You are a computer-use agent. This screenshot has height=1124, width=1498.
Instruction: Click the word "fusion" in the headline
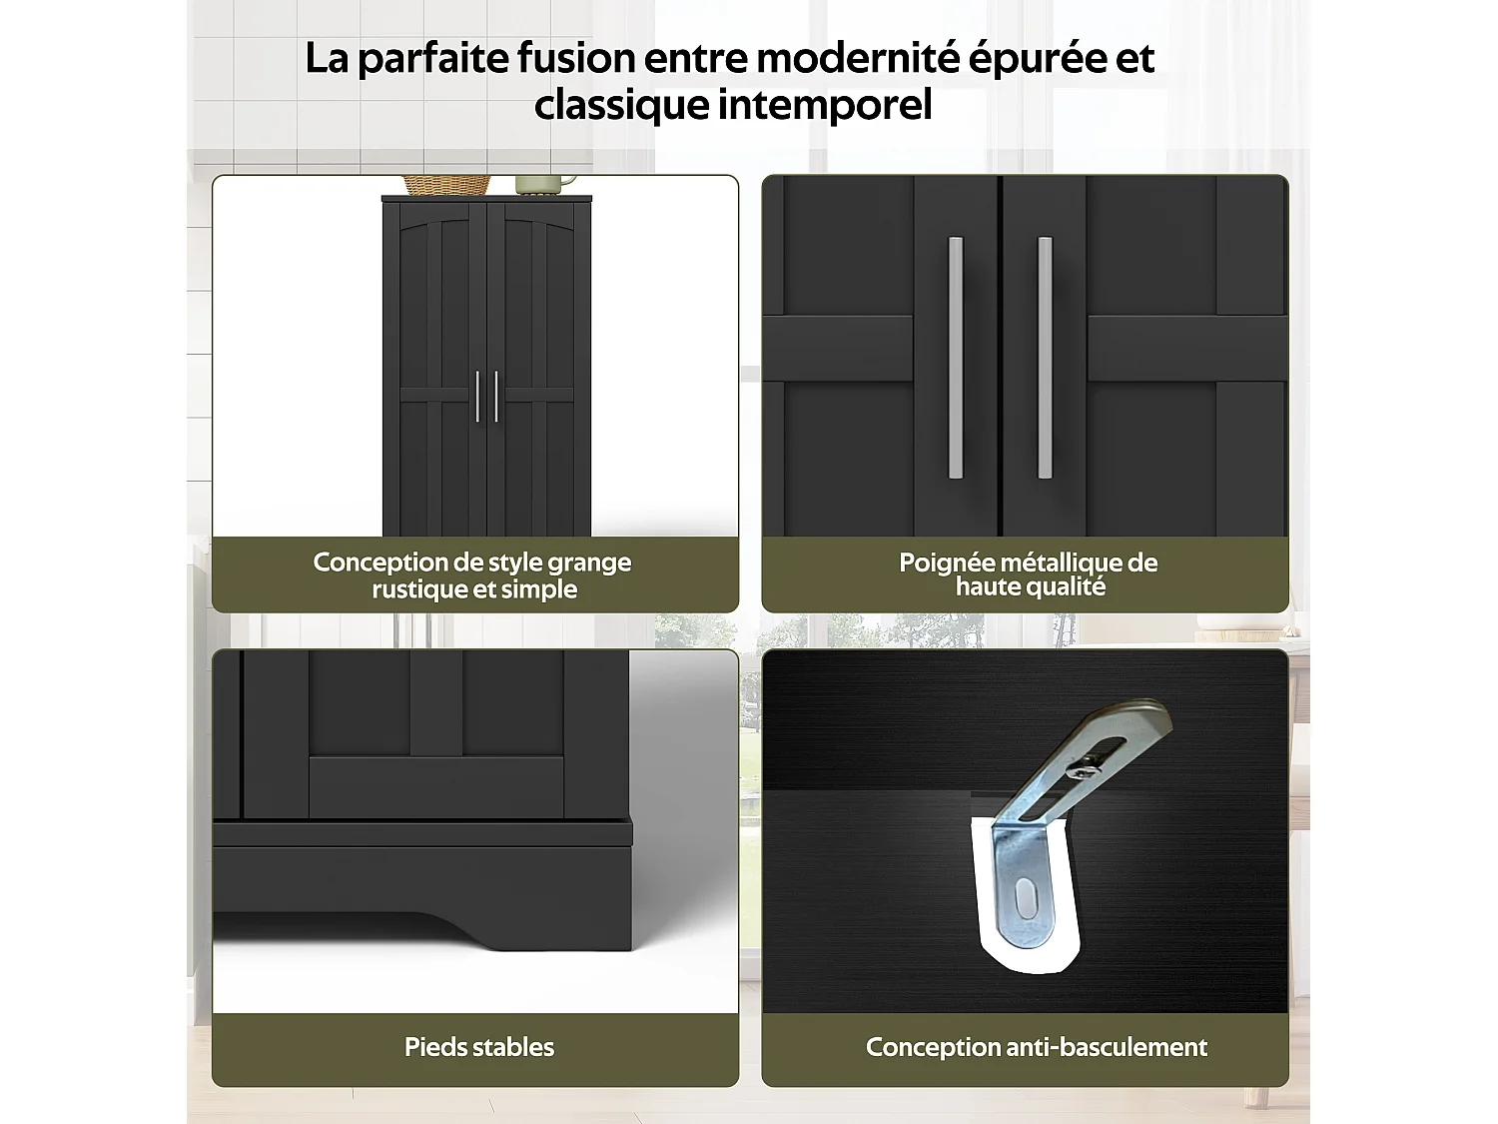pyautogui.click(x=575, y=58)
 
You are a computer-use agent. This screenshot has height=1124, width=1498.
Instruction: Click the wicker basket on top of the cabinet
pyautogui.click(x=446, y=185)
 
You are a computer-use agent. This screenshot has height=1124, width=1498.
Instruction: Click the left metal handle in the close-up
pyautogui.click(x=956, y=357)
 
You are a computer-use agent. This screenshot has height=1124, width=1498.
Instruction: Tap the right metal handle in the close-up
pyautogui.click(x=1045, y=357)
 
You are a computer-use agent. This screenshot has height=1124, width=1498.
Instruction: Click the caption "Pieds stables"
pyautogui.click(x=479, y=1047)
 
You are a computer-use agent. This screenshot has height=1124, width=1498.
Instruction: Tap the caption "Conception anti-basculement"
pyautogui.click(x=1036, y=1047)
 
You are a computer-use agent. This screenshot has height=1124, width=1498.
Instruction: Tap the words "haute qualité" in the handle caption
pyautogui.click(x=1030, y=587)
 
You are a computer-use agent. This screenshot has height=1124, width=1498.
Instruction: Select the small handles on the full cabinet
pyautogui.click(x=486, y=396)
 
